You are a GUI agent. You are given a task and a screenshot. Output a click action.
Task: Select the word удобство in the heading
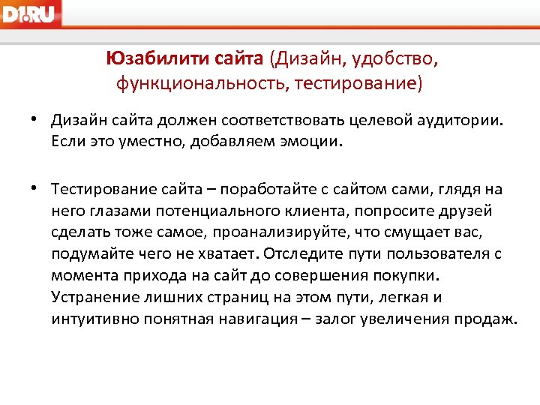point(401,58)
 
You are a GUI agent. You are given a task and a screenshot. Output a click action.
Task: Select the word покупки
point(403,275)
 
